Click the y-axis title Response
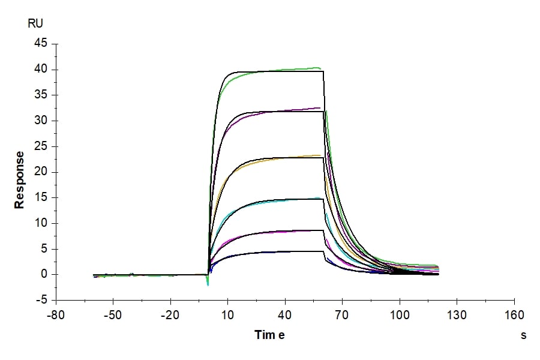click(20, 180)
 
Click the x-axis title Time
click(269, 335)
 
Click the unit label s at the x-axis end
click(523, 335)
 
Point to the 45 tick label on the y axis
click(40, 44)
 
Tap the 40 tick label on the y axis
click(40, 70)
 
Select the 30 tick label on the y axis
click(40, 121)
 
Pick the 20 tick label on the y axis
click(40, 172)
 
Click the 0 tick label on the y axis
click(43, 275)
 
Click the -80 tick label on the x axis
click(56, 316)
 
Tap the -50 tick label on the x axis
click(113, 316)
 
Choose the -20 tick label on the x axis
click(170, 316)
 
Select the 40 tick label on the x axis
click(285, 316)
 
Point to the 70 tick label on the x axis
click(342, 316)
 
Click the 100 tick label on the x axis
click(400, 316)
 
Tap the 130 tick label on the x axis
click(457, 316)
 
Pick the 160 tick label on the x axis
click(514, 316)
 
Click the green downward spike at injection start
click(208, 282)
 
